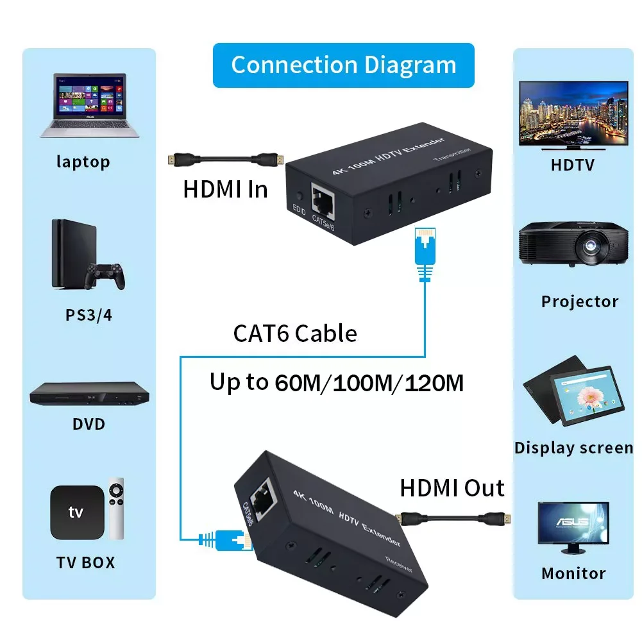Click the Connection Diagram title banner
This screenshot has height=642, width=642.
[x=344, y=65]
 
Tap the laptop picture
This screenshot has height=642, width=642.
[x=90, y=106]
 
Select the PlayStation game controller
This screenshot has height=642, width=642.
[x=105, y=276]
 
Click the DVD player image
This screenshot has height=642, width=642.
[x=89, y=394]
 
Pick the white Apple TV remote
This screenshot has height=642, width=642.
[x=116, y=509]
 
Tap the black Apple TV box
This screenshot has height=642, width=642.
[x=77, y=512]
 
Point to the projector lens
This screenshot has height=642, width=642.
[x=590, y=245]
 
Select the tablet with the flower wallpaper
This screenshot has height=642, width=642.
[x=587, y=395]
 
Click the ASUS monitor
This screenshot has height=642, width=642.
[x=573, y=528]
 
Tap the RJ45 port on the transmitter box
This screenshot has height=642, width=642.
[x=323, y=201]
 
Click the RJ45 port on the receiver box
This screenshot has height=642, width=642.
[x=262, y=500]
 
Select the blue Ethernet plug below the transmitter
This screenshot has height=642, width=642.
[x=425, y=254]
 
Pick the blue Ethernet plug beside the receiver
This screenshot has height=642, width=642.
[x=225, y=539]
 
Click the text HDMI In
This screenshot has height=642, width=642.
[x=225, y=190]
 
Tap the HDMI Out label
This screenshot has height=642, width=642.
[x=452, y=488]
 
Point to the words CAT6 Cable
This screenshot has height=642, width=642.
[x=295, y=334]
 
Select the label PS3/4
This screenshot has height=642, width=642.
[x=89, y=315]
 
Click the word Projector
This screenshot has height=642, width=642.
[x=580, y=301]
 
